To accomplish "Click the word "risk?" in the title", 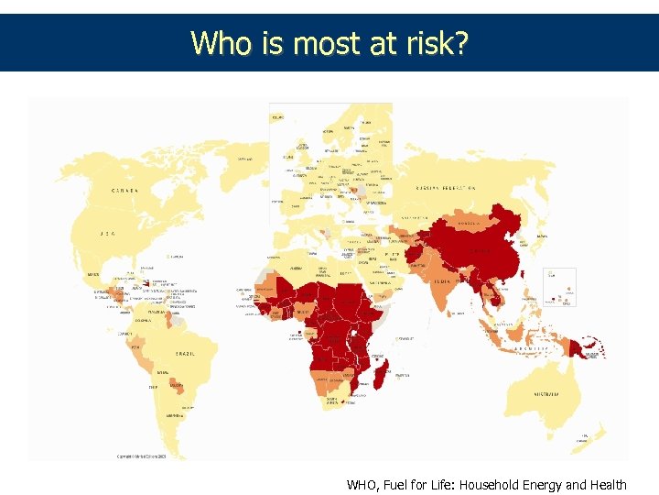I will pos(436,42).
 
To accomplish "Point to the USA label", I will pos(108,234).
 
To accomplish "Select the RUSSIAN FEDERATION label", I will pos(448,188).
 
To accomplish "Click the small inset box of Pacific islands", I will pos(559,286).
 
